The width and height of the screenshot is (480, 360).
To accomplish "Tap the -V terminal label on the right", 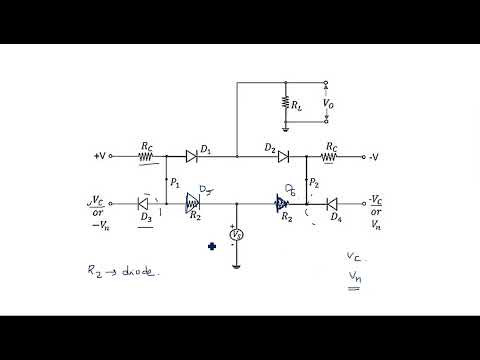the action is (373, 156).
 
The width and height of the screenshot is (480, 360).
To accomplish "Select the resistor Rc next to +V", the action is (147, 156).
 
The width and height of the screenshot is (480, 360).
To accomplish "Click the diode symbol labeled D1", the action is (191, 156).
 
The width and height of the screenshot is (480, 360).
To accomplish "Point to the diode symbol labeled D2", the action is (283, 156).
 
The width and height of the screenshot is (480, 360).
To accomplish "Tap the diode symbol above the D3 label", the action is (144, 202).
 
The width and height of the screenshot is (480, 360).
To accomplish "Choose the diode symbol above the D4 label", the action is (332, 202).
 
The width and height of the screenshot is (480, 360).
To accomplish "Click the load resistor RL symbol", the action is (285, 102).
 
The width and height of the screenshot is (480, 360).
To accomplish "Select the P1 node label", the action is (176, 182).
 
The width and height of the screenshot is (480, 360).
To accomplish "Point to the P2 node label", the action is (315, 183).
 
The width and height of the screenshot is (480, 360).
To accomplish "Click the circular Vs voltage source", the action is (237, 235).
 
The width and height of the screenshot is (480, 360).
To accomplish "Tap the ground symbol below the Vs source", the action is (237, 265).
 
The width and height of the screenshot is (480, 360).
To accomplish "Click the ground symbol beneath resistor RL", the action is (285, 127).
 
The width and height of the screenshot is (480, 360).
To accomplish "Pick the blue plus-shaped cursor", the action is (212, 245).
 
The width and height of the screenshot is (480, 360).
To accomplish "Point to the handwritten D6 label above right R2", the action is (291, 187).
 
